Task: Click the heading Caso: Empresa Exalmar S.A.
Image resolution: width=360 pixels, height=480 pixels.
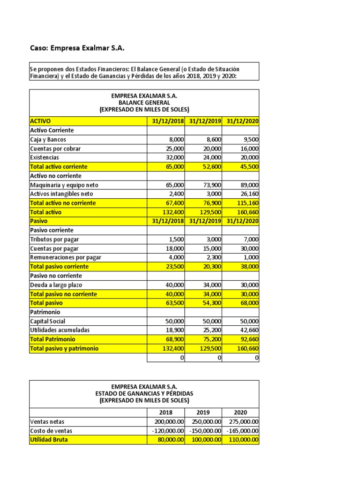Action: [x=77, y=48]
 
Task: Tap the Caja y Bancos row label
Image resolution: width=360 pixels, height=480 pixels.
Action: [x=48, y=139]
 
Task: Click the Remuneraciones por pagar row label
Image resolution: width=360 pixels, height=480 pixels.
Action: [x=65, y=257]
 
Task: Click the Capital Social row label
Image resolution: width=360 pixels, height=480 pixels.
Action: [x=48, y=321]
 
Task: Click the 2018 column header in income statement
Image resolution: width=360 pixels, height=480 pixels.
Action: [x=166, y=412]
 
